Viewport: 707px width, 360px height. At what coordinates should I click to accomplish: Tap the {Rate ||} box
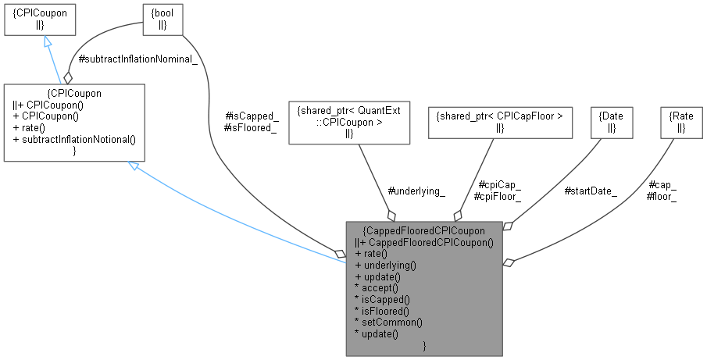(682, 122)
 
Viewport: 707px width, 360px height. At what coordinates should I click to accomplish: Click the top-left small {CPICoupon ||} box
(40, 19)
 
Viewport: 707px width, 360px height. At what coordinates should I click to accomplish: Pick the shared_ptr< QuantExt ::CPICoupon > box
(349, 122)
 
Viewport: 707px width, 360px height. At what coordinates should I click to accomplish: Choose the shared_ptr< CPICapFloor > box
(500, 122)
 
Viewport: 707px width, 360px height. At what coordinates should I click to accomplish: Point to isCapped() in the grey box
(382, 299)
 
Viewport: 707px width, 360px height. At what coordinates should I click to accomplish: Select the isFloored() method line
(384, 310)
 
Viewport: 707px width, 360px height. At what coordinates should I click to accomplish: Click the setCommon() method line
(387, 322)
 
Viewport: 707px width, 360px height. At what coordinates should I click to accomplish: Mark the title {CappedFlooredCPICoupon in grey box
(424, 230)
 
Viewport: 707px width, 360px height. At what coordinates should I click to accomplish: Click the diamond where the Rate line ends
(509, 262)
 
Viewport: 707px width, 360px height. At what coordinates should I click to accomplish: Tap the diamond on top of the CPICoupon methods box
(68, 78)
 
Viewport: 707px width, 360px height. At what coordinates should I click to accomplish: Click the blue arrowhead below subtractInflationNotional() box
(134, 166)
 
